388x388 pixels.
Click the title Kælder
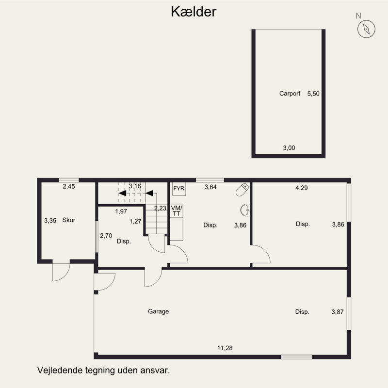[x=194, y=12]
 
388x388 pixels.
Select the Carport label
[x=290, y=94]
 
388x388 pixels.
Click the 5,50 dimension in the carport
[x=313, y=94]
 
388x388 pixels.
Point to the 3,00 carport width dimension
[x=289, y=148]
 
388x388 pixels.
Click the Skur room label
[x=69, y=220]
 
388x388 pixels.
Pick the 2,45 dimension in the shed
[x=69, y=187]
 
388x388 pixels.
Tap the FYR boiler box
[x=178, y=188]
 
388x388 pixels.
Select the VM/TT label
[x=176, y=210]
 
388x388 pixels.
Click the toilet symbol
[x=242, y=190]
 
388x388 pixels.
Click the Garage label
[x=159, y=311]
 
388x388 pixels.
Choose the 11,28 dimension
[x=225, y=348]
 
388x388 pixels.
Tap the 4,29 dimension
[x=302, y=187]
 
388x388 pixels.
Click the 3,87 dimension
[x=337, y=312]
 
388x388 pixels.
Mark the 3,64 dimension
[x=210, y=187]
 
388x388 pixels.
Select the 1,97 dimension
[x=121, y=211]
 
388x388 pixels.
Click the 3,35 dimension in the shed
[x=50, y=220]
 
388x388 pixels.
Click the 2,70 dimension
[x=106, y=236]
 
